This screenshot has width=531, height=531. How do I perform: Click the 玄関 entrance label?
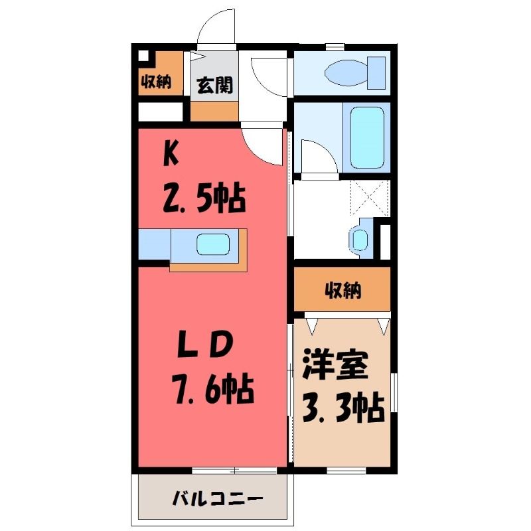(214, 85)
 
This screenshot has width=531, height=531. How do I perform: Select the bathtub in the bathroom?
(368, 137)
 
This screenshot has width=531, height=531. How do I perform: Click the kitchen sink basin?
(213, 244)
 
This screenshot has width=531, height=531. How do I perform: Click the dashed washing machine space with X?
(370, 197)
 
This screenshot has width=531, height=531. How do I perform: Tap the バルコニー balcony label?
(217, 499)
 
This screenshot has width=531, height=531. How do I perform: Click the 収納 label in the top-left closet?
(156, 82)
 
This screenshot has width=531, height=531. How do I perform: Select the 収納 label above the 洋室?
(343, 290)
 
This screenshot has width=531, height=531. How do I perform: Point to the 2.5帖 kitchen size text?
(204, 198)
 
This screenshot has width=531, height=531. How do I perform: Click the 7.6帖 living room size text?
(214, 389)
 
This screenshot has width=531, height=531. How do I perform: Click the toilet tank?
(376, 73)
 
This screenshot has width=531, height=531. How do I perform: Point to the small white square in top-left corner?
(143, 56)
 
